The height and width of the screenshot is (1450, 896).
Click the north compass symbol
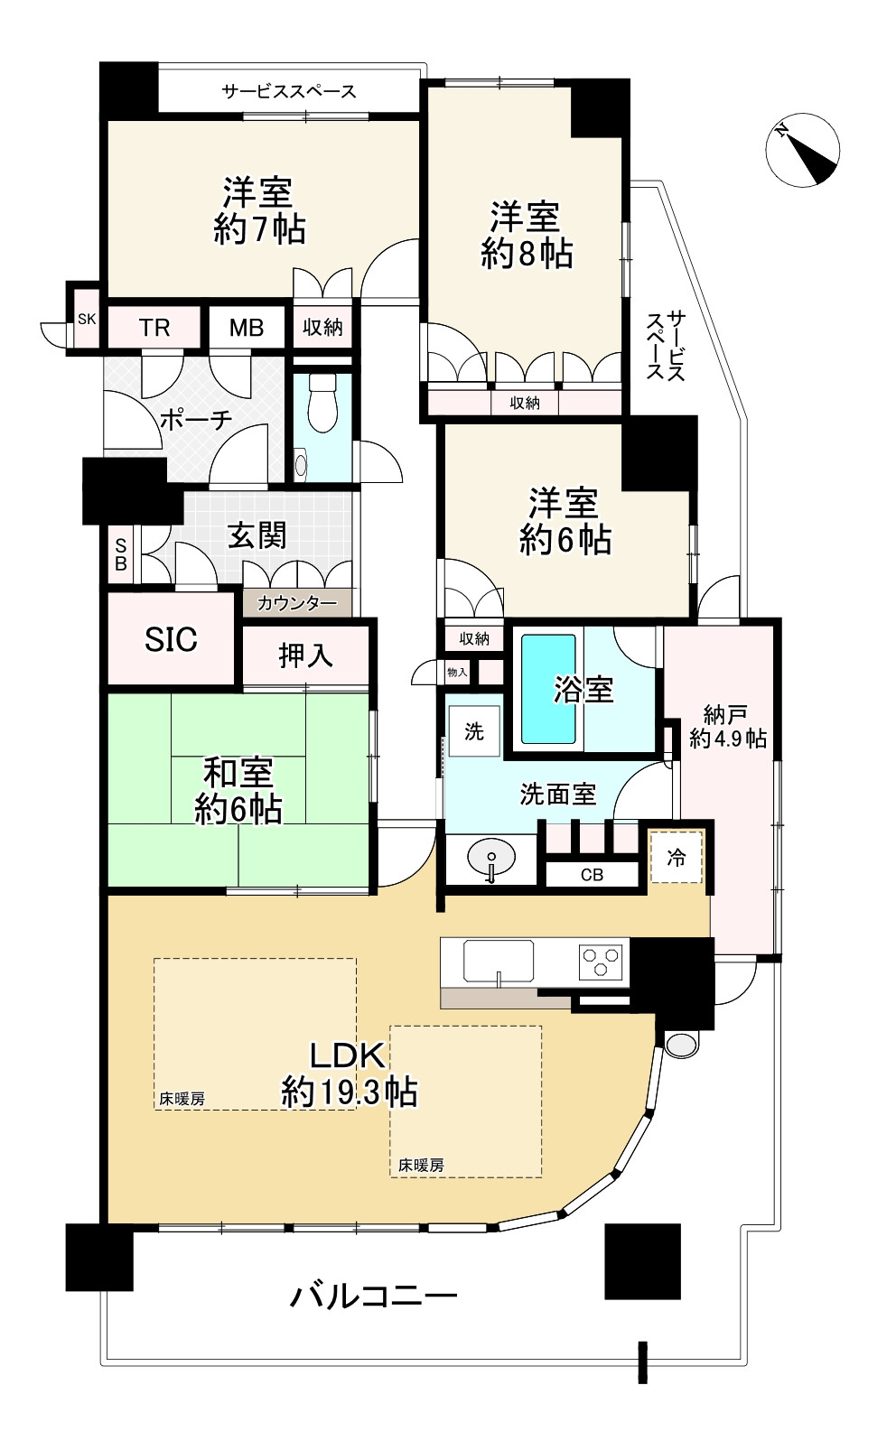click(x=802, y=150)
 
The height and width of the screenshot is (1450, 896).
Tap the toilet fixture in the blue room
click(x=322, y=403)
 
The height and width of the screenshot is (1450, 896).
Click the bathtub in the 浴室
click(x=548, y=690)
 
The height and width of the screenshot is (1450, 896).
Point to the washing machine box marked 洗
click(x=474, y=731)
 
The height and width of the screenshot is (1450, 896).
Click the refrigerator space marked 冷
click(x=676, y=858)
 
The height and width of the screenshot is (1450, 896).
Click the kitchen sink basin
click(x=499, y=961)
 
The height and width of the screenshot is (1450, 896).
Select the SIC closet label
click(x=171, y=639)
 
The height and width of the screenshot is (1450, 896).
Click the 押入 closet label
click(x=305, y=655)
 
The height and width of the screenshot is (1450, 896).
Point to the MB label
click(x=247, y=329)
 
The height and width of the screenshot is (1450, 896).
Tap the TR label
click(x=154, y=329)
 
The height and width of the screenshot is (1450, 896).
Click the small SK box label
click(x=87, y=319)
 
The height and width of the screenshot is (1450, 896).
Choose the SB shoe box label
click(x=121, y=554)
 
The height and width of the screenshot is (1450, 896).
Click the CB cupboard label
click(x=592, y=875)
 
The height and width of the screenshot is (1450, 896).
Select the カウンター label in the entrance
click(x=297, y=604)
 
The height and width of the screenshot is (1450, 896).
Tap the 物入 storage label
click(x=457, y=673)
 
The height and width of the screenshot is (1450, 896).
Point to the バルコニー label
click(x=374, y=1296)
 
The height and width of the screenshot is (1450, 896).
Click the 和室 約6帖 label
click(x=238, y=790)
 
